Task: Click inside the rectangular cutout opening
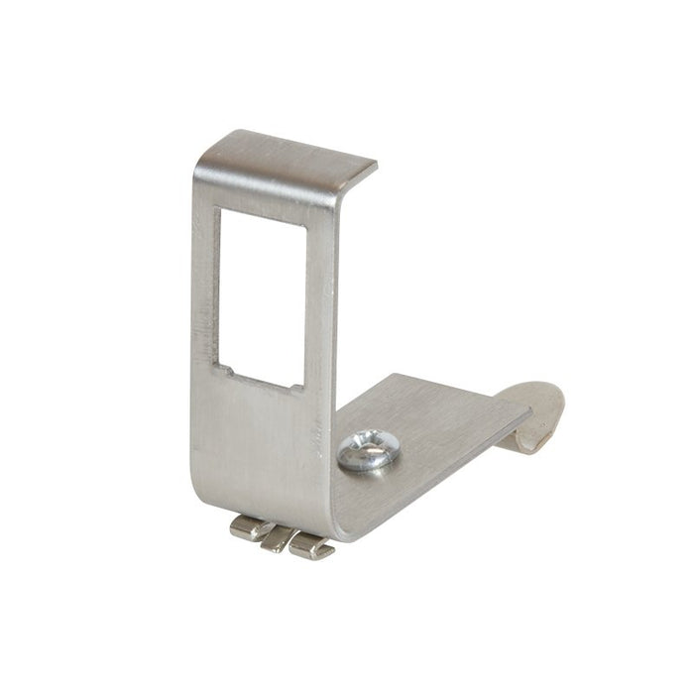263,297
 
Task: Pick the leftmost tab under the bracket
250,528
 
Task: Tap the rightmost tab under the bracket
312,546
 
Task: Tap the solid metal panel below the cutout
263,446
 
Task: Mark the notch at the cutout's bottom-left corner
227,373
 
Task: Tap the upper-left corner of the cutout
223,211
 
